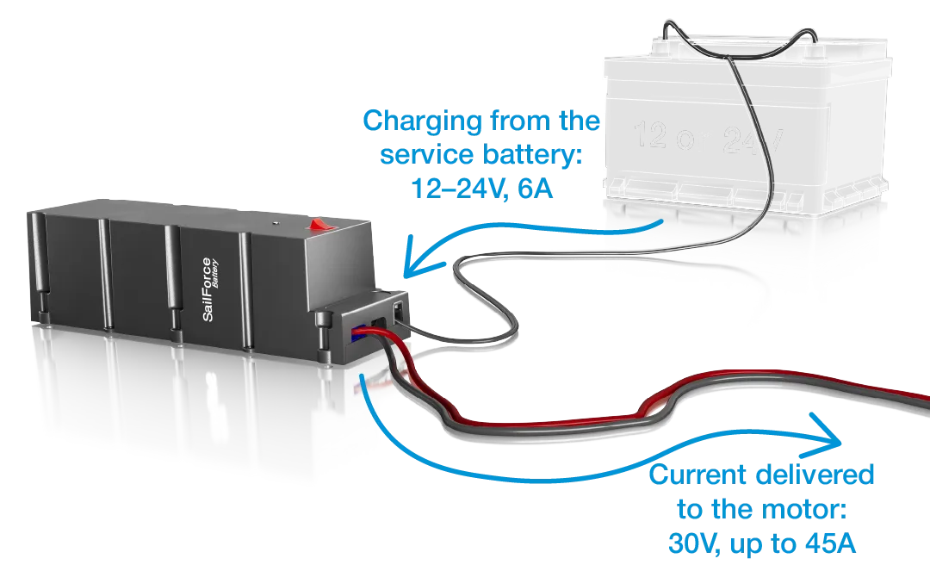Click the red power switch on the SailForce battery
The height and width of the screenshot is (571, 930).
click(320, 226)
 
